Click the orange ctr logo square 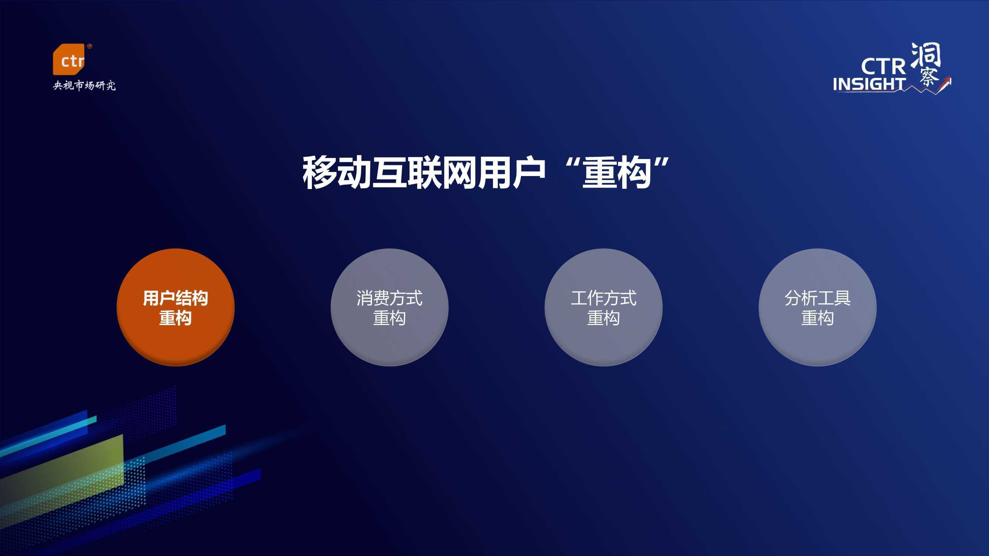(x=68, y=59)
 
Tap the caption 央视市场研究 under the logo (x=84, y=85)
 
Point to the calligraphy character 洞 (x=926, y=56)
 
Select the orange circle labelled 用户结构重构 (x=175, y=307)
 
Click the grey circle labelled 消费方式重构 (x=389, y=307)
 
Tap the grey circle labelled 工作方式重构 (x=603, y=307)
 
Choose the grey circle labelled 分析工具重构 (x=817, y=307)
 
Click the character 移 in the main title (x=320, y=172)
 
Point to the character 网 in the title (x=460, y=172)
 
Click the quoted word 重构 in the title (x=617, y=172)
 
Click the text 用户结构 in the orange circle (x=175, y=298)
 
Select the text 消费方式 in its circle (x=389, y=298)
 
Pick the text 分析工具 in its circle (x=817, y=298)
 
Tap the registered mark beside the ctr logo (x=90, y=46)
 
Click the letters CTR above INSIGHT (x=883, y=66)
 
